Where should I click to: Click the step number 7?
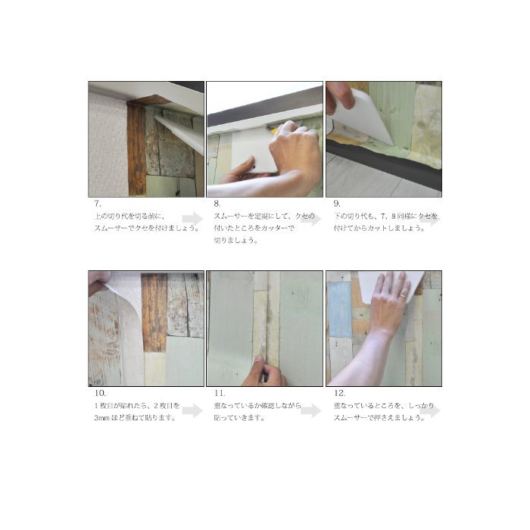98,204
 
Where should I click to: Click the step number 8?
217,204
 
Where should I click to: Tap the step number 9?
337,204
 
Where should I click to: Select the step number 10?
100,393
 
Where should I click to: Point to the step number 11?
220,393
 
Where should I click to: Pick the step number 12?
339,393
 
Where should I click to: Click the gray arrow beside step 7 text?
192,219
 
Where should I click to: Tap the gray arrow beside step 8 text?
311,219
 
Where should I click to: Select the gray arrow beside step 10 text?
192,410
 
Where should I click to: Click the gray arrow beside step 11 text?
311,410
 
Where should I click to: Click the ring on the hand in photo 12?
404,297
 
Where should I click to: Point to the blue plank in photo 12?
340,310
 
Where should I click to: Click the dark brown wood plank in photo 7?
136,148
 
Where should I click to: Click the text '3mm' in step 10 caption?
101,418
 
